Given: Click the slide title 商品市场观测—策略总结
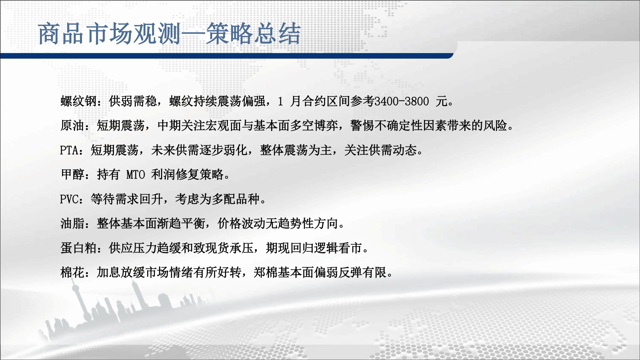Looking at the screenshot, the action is tap(170, 34).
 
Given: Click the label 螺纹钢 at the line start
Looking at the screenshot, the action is tap(79, 101).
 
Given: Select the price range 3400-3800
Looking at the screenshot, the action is tap(402, 101).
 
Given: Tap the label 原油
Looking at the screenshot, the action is tap(73, 125).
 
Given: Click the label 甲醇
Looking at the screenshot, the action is tap(73, 174).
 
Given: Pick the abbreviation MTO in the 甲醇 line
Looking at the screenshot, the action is tap(136, 175).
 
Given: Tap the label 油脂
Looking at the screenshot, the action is tap(73, 223).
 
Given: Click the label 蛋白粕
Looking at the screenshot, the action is tap(79, 248).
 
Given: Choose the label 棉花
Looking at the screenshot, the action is tap(73, 272).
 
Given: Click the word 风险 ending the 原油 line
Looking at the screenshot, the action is tap(495, 125).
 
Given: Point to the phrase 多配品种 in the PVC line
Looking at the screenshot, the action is tap(236, 199).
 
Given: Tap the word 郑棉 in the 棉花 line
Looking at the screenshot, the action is tap(266, 272).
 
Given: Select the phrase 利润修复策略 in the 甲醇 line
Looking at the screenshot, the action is tap(187, 174).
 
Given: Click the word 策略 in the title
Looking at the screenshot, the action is tap(229, 34).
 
